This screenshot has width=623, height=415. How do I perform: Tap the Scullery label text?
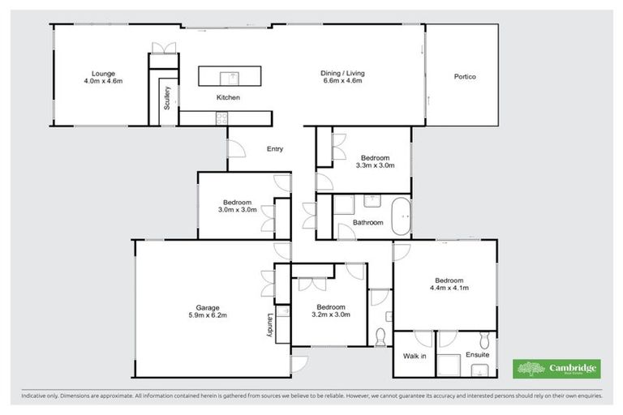point(166,97)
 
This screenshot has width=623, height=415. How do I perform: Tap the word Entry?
point(276,148)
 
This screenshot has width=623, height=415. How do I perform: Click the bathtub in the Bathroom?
point(402,217)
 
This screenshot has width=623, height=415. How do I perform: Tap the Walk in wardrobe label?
point(415,356)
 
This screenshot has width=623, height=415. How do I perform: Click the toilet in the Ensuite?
point(485,340)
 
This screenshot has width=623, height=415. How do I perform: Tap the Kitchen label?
point(228,97)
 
